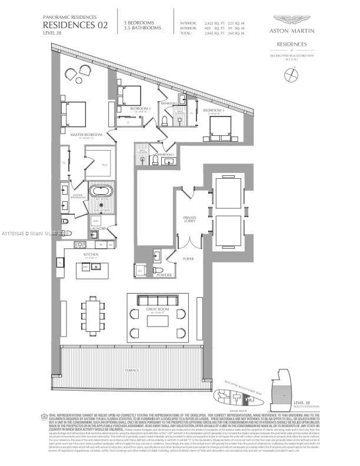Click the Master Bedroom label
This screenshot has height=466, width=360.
(86, 135)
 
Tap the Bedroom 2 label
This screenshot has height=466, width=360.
(142, 109)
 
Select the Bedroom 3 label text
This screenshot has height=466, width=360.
(214, 110)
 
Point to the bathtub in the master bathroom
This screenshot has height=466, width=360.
(102, 192)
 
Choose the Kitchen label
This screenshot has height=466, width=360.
(90, 254)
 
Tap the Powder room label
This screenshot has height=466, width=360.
(163, 274)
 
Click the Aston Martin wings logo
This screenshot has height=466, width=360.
(292, 19)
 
